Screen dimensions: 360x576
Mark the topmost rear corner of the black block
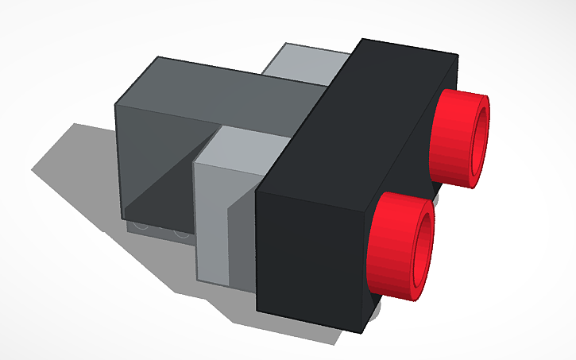[x=458, y=56]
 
